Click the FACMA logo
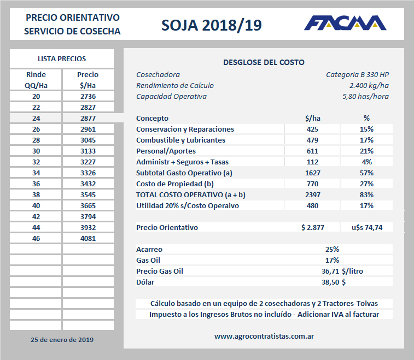[345, 23]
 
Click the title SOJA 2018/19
[212, 25]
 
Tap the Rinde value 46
[36, 238]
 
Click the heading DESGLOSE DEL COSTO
[264, 63]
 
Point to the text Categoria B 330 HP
[357, 75]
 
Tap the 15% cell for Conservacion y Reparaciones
[366, 129]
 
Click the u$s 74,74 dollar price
[366, 227]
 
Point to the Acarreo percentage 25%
[332, 249]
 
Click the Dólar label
[145, 282]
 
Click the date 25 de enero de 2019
[62, 339]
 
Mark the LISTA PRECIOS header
[62, 58]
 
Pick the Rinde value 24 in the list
[36, 118]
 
